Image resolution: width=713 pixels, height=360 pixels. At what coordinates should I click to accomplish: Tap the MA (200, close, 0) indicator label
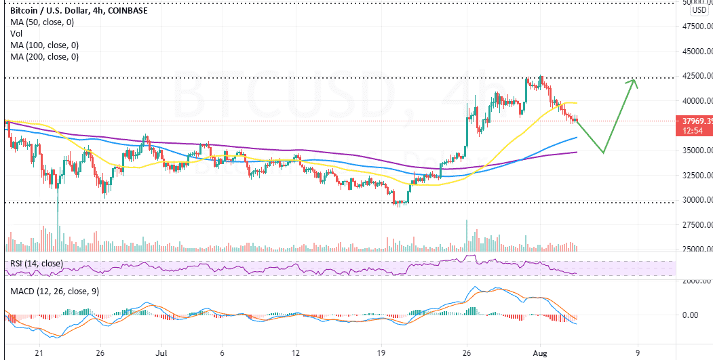pyautogui.click(x=44, y=57)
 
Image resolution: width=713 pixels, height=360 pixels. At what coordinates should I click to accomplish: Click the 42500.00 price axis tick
pyautogui.click(x=697, y=75)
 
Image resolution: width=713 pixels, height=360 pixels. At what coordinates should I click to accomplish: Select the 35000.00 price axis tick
pyautogui.click(x=697, y=150)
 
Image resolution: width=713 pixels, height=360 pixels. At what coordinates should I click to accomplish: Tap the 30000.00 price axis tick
pyautogui.click(x=697, y=200)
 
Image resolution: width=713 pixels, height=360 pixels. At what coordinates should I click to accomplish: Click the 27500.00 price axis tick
pyautogui.click(x=697, y=224)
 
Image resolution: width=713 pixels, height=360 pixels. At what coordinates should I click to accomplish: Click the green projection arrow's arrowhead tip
pyautogui.click(x=634, y=80)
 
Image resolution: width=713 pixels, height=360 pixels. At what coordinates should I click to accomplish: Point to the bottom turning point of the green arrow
pyautogui.click(x=602, y=153)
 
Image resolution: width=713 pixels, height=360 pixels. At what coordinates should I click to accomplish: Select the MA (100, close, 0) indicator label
pyautogui.click(x=44, y=45)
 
